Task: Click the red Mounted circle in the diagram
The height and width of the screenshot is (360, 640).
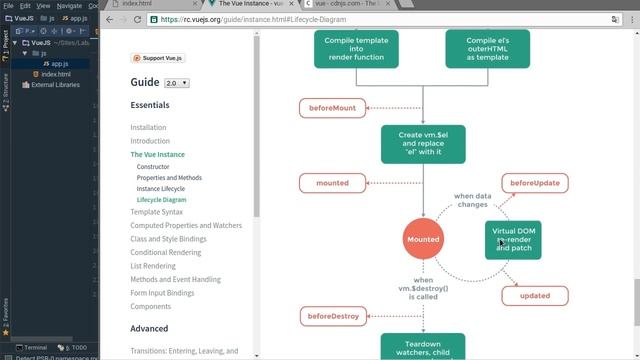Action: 422,239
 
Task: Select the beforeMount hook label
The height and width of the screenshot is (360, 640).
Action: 332,107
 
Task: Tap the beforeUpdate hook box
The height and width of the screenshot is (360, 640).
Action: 535,183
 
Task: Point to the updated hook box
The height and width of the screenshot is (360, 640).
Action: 535,296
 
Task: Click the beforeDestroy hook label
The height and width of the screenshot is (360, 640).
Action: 333,316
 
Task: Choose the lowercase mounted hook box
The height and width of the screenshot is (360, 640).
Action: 332,183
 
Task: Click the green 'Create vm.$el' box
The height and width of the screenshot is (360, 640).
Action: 423,144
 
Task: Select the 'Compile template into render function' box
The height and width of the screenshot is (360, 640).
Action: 356,48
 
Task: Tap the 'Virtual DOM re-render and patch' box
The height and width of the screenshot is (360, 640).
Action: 513,241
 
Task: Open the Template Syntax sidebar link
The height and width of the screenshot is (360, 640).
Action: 157,212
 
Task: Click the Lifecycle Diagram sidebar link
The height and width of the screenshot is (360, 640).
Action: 162,200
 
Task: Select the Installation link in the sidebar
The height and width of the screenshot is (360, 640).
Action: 148,127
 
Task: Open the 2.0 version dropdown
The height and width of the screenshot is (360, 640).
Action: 177,83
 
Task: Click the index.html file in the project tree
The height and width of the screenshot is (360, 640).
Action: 56,75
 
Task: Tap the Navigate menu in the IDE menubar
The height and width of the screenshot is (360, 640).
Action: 69,6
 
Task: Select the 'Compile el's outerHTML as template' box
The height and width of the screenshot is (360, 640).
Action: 485,48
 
